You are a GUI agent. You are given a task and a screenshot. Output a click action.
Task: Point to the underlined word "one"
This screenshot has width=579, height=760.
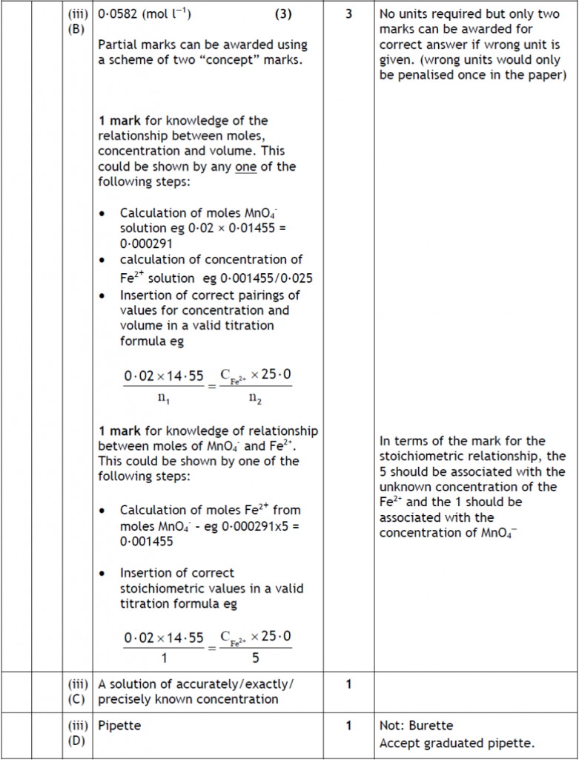(x=245, y=166)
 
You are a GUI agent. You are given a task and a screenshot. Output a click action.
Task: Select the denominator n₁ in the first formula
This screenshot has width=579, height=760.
(x=163, y=398)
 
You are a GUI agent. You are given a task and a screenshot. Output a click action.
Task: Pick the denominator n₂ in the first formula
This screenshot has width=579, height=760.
(x=255, y=398)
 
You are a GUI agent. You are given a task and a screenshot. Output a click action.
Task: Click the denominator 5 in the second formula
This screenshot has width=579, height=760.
(x=255, y=658)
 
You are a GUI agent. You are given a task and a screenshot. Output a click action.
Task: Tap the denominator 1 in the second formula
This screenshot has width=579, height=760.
(x=163, y=658)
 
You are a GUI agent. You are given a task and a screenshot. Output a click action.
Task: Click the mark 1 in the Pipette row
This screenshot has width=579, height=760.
(x=348, y=725)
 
